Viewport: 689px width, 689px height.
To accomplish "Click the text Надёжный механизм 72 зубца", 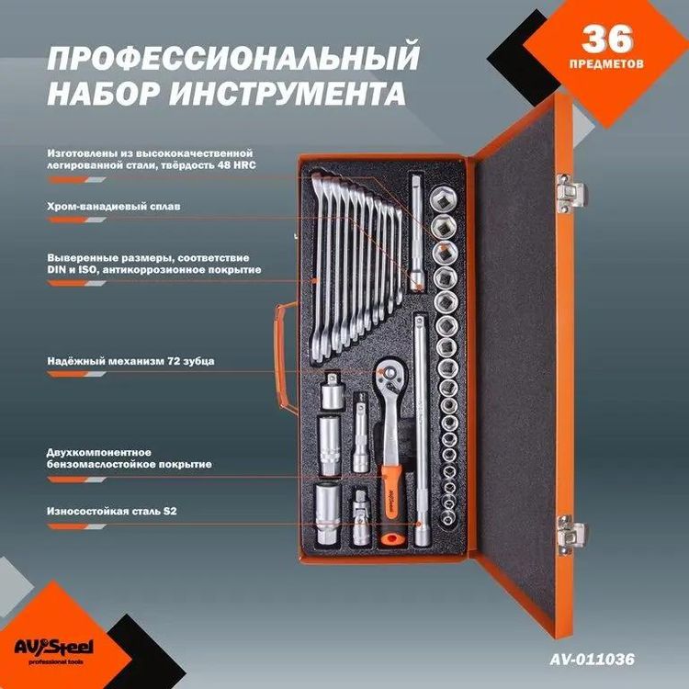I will (130, 361).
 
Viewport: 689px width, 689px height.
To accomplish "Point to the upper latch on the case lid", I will (571, 191).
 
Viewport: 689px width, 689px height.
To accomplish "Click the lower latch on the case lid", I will (570, 533).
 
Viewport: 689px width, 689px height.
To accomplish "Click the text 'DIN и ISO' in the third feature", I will (73, 270).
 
